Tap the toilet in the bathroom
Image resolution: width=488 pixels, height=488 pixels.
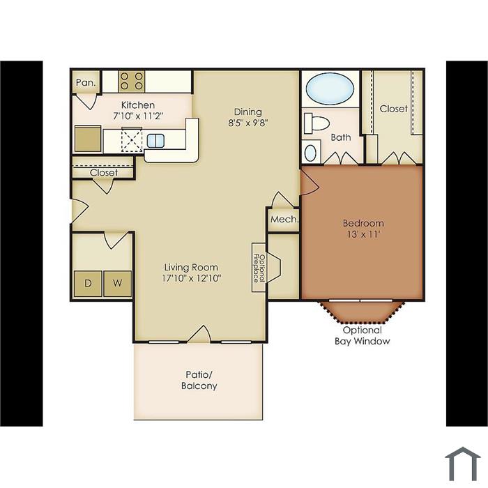pos(317,122)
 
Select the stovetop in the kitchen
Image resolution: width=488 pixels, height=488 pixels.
pos(131,82)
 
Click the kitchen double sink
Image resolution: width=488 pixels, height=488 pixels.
pos(155,141)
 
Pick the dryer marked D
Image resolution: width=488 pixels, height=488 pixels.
pos(88,284)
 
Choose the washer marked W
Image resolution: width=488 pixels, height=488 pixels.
pos(117,284)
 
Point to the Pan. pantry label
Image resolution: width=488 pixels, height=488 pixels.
pos(86,83)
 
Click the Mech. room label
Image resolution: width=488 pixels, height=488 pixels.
pos(284,219)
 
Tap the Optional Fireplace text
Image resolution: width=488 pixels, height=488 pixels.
pos(259,268)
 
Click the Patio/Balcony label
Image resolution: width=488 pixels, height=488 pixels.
pos(199,380)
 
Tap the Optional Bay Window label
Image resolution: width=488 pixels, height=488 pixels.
pos(363,335)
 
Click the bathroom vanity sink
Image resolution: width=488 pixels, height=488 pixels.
pos(310,153)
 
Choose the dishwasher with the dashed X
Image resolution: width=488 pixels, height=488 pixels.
pos(132,139)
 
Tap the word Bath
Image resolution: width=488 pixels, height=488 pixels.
pos(340,137)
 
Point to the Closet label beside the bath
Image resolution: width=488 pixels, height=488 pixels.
pos(393,109)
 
